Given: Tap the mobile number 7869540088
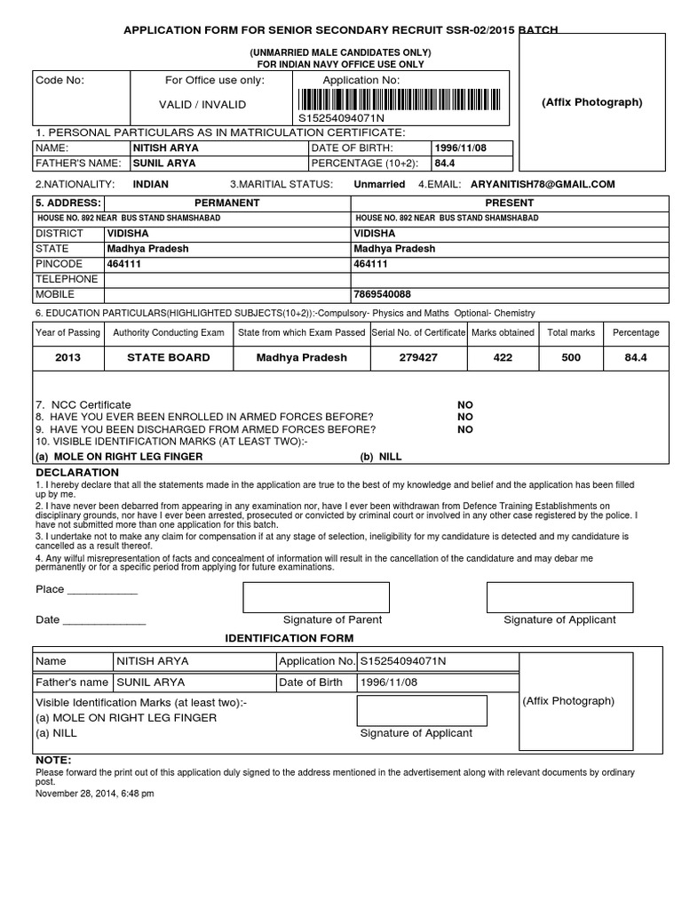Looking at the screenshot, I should [382, 294].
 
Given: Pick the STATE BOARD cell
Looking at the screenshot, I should [169, 357].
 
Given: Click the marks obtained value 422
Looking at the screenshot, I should [503, 357].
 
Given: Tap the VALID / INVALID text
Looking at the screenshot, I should [202, 104].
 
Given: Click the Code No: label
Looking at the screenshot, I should [59, 80].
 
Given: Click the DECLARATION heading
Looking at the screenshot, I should [77, 472].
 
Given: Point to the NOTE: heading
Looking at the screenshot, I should [53, 761].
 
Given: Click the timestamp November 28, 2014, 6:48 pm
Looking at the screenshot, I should [95, 794].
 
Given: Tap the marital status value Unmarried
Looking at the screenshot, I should [379, 184].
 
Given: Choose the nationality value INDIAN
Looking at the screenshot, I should [150, 184].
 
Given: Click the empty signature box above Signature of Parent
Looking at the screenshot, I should [316, 597].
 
